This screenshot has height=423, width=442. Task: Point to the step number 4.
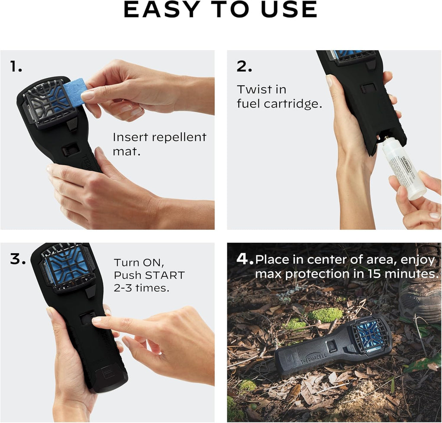[x=244, y=259]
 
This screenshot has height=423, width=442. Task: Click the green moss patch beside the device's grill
[x=325, y=315]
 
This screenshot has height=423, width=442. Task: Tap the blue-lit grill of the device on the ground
[x=370, y=333]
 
